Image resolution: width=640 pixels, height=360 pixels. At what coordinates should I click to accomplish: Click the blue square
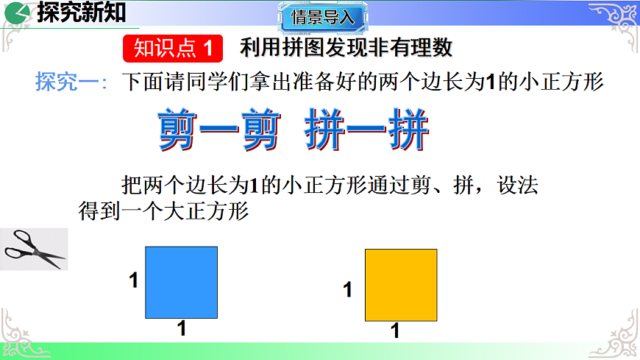click(x=181, y=282)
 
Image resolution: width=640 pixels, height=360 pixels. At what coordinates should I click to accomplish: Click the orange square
click(x=402, y=285)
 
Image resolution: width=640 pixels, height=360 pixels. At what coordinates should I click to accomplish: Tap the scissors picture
click(x=34, y=249)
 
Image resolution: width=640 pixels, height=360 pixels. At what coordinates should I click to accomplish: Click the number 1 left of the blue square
click(x=134, y=280)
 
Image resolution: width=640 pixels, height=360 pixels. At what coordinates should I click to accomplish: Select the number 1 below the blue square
click(x=182, y=329)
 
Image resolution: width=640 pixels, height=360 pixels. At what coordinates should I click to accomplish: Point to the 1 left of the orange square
click(x=348, y=290)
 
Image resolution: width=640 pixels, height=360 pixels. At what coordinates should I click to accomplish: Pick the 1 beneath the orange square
click(x=395, y=331)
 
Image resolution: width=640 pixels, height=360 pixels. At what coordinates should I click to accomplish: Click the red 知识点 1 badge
click(x=172, y=49)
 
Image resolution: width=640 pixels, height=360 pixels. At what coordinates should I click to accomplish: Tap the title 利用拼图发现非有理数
click(x=346, y=49)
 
